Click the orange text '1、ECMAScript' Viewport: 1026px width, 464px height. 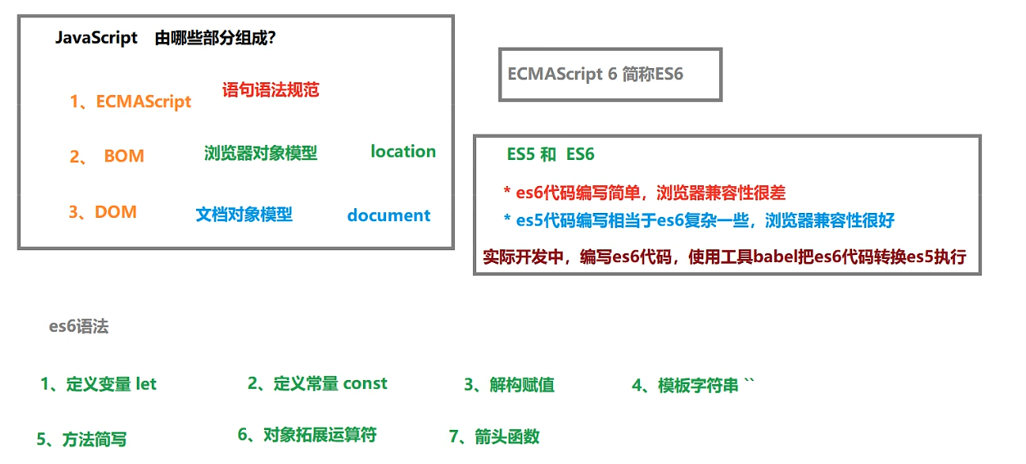click(131, 102)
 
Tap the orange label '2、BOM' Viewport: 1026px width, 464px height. click(107, 156)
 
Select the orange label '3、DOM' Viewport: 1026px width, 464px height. click(103, 212)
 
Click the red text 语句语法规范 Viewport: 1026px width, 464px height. click(271, 89)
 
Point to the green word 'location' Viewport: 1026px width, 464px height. click(403, 151)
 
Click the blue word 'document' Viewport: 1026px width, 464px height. click(388, 215)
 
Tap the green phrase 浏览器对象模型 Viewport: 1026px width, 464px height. click(260, 154)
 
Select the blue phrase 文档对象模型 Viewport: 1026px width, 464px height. click(244, 215)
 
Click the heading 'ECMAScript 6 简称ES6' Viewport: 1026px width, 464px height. click(595, 74)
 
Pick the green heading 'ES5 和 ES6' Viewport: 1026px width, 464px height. click(551, 154)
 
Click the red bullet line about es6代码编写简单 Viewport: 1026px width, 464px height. click(644, 192)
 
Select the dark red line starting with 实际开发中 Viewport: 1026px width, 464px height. click(724, 257)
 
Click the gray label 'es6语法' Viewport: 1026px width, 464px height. click(78, 326)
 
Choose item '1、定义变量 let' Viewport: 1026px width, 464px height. click(98, 385)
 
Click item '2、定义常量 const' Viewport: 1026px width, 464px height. click(317, 384)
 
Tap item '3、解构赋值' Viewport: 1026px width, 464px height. click(509, 386)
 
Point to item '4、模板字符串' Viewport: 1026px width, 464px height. click(693, 386)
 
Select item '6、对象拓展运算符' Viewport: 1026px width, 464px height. click(307, 435)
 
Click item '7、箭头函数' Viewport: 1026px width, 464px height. click(494, 436)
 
